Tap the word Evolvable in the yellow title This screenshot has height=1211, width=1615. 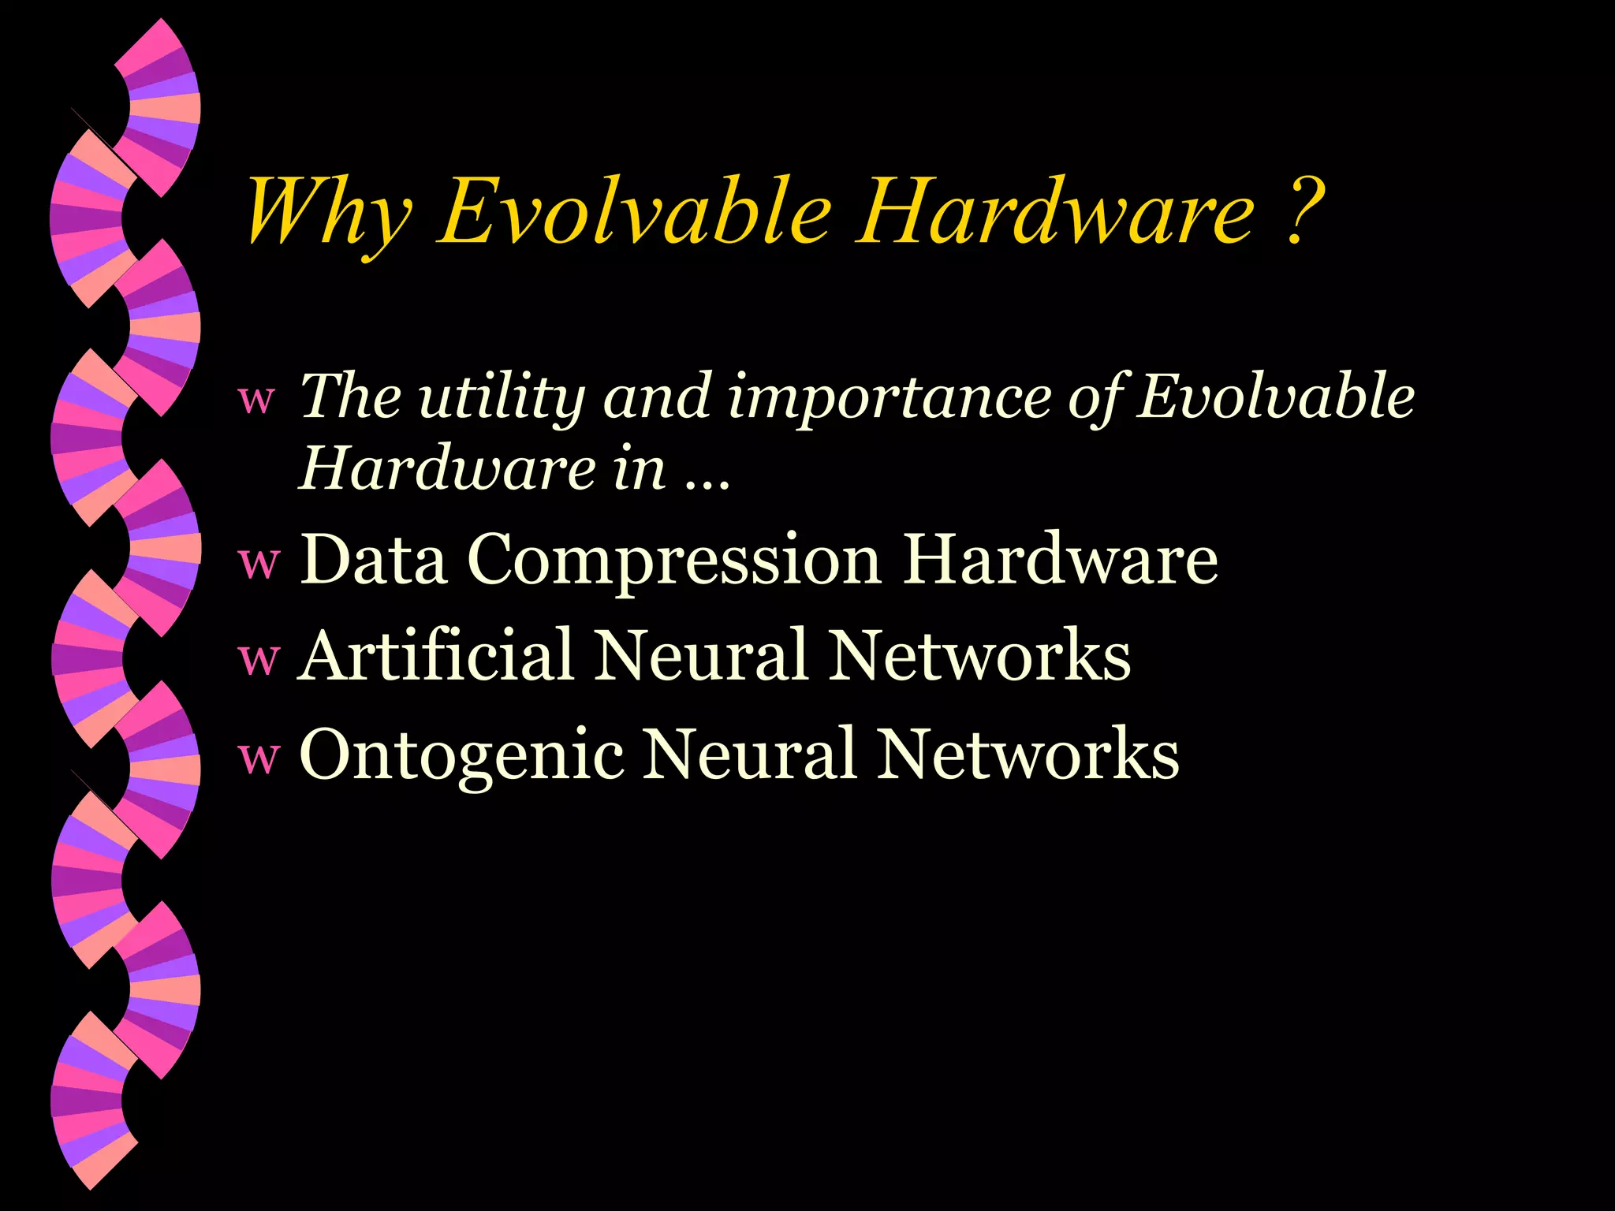636,211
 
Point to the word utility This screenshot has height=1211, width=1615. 501,397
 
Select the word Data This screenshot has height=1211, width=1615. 374,560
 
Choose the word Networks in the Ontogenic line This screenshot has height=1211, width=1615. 1029,755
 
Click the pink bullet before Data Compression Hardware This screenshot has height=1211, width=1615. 259,563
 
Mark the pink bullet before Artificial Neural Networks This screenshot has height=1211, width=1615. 259,659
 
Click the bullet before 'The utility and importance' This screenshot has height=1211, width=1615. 257,401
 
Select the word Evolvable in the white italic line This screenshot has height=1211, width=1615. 1277,396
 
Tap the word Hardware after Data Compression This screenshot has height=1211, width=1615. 1061,560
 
